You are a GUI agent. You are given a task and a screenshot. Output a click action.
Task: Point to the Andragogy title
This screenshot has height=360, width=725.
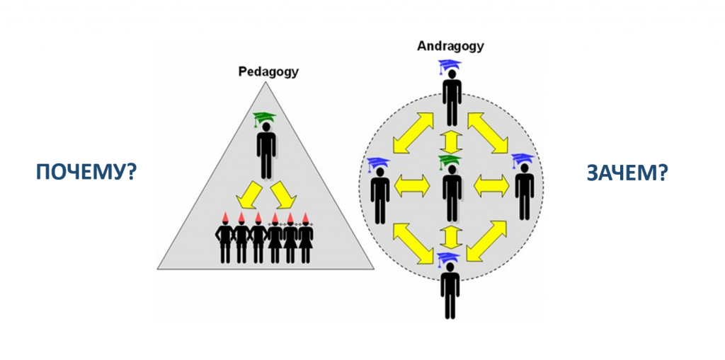[x=450, y=47]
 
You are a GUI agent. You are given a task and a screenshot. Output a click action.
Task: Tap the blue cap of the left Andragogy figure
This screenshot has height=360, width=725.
[x=379, y=163]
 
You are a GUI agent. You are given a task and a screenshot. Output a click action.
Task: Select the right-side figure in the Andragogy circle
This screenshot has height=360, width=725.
[x=524, y=191]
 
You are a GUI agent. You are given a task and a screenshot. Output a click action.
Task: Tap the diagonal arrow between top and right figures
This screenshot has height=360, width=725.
[x=489, y=132]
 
